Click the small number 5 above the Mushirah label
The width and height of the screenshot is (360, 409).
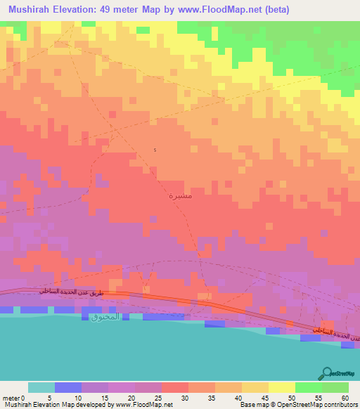coord(155,150)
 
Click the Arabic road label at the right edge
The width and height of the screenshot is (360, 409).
coord(334,336)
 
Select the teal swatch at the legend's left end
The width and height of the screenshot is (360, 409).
coord(41,387)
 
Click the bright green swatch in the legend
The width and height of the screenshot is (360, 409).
coord(308,387)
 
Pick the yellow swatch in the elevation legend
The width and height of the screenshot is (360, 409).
coord(281,387)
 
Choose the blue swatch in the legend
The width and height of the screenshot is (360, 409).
coord(68,387)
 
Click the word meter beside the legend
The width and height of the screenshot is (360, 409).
coord(13,398)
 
